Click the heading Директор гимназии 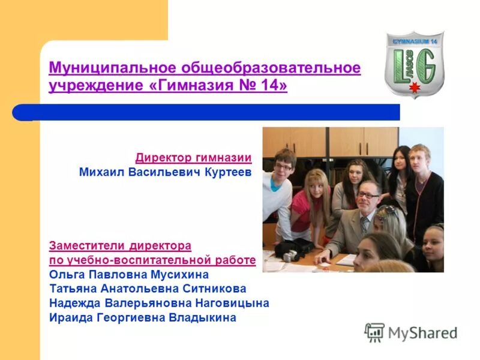click(193, 158)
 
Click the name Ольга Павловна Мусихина click(128, 275)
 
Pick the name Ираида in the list click(70, 318)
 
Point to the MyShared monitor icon click(375, 332)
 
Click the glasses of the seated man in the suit click(367, 195)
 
